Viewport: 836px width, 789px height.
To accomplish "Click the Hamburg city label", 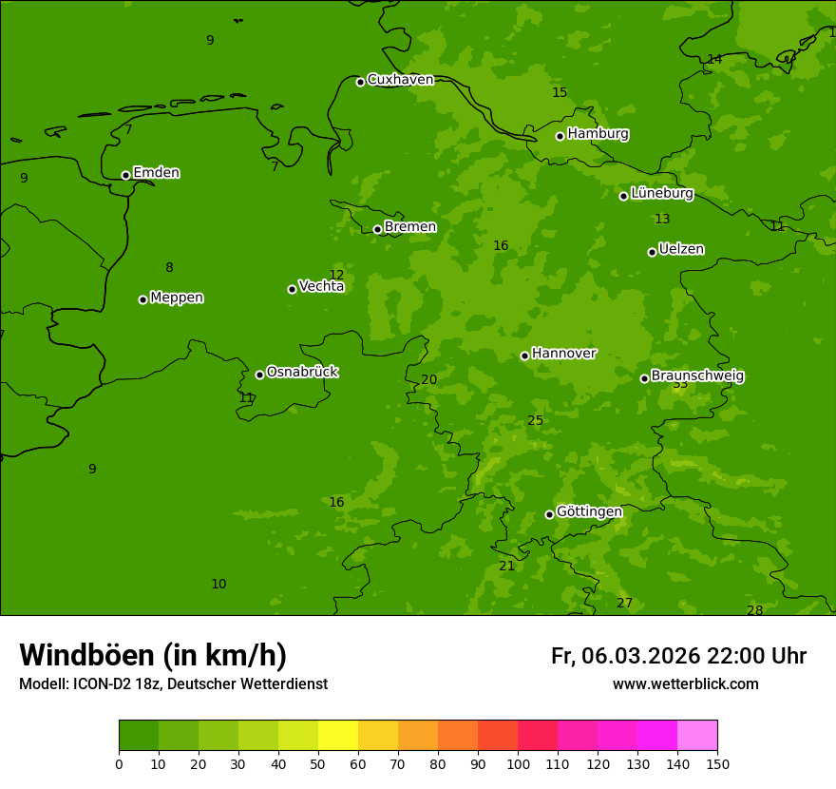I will pos(598,134).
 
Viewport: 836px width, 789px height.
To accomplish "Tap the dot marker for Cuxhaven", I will pos(360,82).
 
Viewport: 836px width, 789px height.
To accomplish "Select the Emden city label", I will pos(156,173).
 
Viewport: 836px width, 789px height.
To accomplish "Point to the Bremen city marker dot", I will pos(377,229).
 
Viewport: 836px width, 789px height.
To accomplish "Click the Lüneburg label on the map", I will pos(661,194).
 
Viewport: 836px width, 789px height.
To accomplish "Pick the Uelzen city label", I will pos(681,250).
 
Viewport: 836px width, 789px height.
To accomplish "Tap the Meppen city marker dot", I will pos(142,299).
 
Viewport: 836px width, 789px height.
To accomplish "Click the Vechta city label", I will pos(321,286).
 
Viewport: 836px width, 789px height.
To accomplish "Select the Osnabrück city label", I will pos(302,372).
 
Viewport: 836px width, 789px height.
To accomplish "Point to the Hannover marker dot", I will pos(524,356).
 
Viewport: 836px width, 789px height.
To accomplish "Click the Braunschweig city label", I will pos(697,376).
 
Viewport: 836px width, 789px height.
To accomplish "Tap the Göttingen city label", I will pos(589,512).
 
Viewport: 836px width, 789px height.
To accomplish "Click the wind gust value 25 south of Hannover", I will pos(536,421).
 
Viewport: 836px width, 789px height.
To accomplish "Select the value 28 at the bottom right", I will pos(754,610).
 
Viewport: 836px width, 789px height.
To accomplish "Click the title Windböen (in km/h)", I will pos(153,655).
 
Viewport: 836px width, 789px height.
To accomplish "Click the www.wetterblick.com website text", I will pos(685,684).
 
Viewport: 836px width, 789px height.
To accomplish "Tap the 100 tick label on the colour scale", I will pos(518,763).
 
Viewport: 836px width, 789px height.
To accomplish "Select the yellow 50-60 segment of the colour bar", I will pos(338,736).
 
